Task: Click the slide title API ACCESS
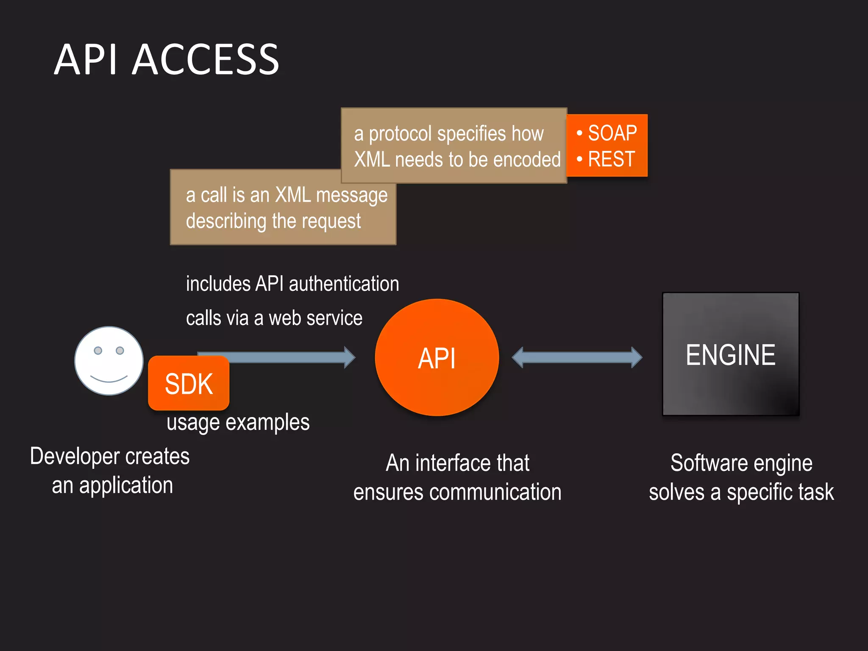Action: coord(166,60)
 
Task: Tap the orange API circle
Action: coord(437,357)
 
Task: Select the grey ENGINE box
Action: coord(730,354)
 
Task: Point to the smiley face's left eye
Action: coord(98,351)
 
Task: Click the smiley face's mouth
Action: coord(108,378)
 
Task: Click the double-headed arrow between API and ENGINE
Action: coord(576,357)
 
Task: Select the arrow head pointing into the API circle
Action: coord(349,357)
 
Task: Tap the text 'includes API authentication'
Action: coord(292,284)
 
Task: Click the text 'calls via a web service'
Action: coord(274,318)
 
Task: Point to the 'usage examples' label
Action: coord(238,423)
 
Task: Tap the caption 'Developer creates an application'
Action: coord(110,470)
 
